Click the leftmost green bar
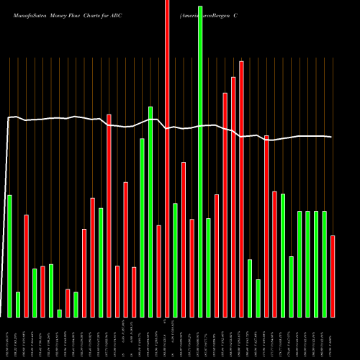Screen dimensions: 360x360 click(x=9, y=256)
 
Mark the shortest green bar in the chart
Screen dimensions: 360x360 click(x=59, y=313)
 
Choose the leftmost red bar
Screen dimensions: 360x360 click(x=26, y=266)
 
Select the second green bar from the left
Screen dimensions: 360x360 click(x=18, y=304)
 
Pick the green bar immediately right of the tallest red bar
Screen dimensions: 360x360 click(x=175, y=260)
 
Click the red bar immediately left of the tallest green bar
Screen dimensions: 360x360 click(x=192, y=268)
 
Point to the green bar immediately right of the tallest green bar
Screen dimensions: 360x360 click(x=208, y=267)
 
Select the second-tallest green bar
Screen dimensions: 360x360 click(x=150, y=212)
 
